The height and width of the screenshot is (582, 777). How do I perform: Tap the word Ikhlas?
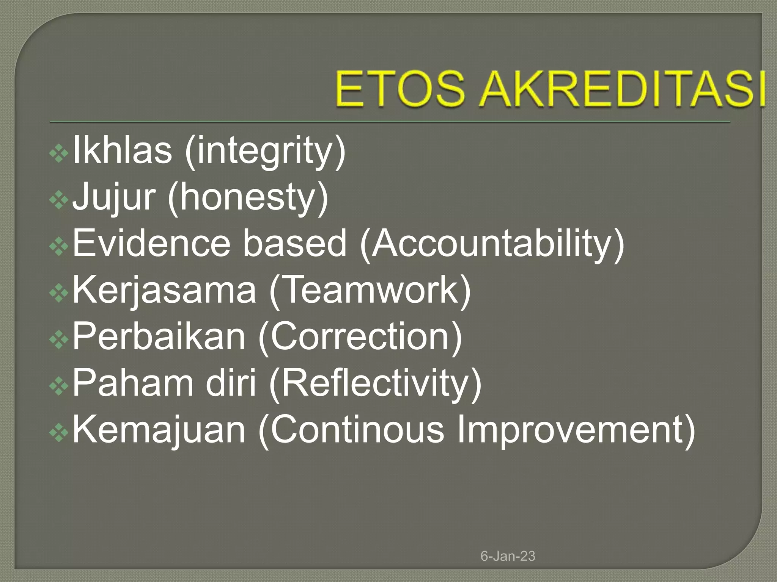(122, 150)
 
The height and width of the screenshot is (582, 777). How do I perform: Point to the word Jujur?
(113, 197)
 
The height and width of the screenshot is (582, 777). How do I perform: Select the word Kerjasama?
(164, 290)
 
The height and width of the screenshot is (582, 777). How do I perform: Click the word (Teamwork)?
(370, 291)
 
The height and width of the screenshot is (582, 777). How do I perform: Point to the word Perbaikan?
(159, 337)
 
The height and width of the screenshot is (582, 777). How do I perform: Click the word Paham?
(132, 383)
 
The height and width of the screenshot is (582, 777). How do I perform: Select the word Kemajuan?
(159, 430)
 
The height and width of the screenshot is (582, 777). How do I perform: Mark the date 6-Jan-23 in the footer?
(508, 556)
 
